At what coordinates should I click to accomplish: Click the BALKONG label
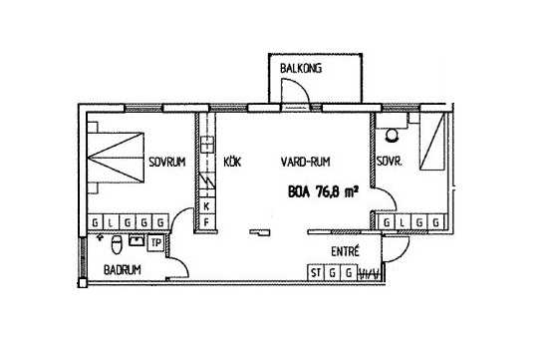[301, 68]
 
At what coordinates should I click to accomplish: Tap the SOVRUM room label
[167, 162]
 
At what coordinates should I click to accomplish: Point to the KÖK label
[232, 162]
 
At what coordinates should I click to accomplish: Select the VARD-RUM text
[305, 162]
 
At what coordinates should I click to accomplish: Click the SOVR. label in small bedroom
[390, 162]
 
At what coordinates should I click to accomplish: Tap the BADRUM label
[123, 269]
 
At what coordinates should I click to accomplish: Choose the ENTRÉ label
[346, 251]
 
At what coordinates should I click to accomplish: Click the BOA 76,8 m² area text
[323, 191]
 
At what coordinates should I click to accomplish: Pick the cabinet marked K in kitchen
[207, 206]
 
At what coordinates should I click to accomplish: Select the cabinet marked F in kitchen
[207, 221]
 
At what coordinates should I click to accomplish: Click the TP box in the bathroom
[156, 243]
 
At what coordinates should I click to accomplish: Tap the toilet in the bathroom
[117, 244]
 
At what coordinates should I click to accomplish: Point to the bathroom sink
[136, 239]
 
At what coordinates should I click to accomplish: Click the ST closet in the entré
[316, 272]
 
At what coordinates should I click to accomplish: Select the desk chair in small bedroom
[393, 136]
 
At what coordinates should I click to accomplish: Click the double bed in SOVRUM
[116, 158]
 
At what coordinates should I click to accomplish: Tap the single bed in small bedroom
[432, 142]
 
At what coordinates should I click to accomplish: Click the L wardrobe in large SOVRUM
[111, 222]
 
